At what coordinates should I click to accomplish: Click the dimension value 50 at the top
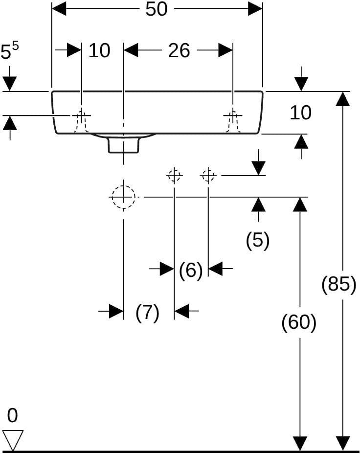(156, 9)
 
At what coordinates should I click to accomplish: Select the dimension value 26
(179, 50)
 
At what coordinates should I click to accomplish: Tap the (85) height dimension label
(339, 284)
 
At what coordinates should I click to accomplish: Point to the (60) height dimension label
(299, 322)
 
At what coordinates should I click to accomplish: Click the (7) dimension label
(148, 313)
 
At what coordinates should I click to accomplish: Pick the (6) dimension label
(191, 271)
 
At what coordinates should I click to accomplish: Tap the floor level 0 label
(12, 415)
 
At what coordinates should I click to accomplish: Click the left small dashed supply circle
(174, 176)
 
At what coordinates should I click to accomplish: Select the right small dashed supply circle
(208, 176)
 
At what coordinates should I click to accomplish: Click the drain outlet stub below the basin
(124, 145)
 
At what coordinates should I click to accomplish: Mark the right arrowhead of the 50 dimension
(255, 9)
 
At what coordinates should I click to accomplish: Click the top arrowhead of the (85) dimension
(343, 98)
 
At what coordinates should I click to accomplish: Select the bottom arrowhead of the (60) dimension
(300, 444)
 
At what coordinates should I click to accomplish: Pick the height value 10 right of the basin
(301, 113)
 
